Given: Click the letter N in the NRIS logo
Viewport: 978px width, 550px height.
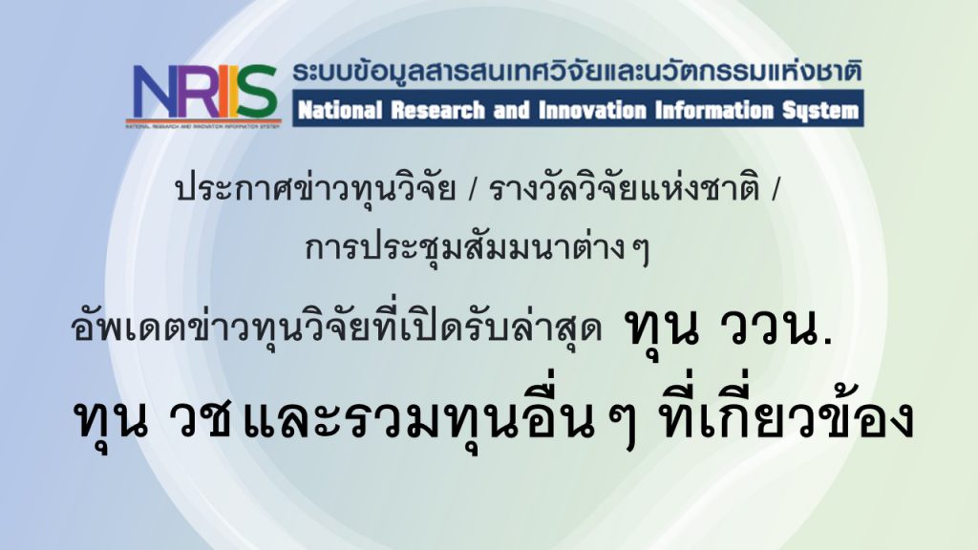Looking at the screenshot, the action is (x=155, y=93).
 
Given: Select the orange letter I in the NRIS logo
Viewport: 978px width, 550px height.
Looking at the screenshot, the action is (x=223, y=93).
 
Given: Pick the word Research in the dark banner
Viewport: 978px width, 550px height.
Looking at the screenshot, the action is (x=437, y=111).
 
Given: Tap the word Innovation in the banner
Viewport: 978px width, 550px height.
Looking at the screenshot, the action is (x=592, y=111).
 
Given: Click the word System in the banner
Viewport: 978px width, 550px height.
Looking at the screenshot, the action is (x=820, y=112).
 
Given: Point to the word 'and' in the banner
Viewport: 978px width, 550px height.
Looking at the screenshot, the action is (x=512, y=111).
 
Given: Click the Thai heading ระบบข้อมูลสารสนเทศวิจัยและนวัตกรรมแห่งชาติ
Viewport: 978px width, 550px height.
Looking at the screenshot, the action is (x=577, y=73).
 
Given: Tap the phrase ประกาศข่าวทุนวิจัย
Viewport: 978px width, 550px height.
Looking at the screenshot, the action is (x=315, y=188).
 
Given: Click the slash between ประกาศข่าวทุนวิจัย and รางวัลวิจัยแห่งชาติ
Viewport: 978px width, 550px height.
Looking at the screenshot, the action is (x=472, y=190).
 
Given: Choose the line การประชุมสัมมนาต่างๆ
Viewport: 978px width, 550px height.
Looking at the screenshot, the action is (x=478, y=248).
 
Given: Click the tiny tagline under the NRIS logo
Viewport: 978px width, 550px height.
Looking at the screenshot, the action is (x=203, y=125).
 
